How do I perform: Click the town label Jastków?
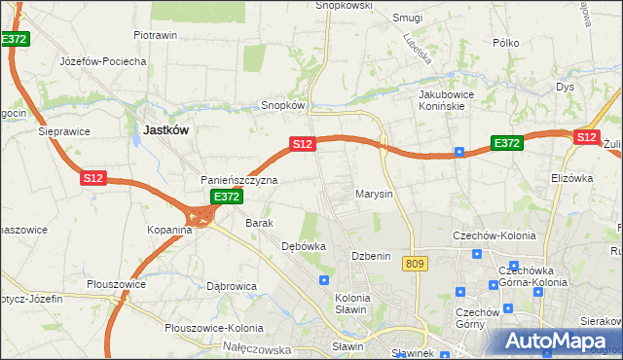click(165, 128)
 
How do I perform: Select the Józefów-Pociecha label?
click(103, 61)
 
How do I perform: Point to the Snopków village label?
click(284, 105)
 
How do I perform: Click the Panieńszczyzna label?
click(239, 180)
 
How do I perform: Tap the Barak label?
click(259, 223)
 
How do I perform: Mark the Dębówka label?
click(303, 246)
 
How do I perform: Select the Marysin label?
click(374, 194)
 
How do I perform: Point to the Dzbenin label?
click(371, 256)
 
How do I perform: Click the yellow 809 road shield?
click(419, 264)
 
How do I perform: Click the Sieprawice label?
click(63, 130)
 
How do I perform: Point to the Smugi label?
click(407, 18)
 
